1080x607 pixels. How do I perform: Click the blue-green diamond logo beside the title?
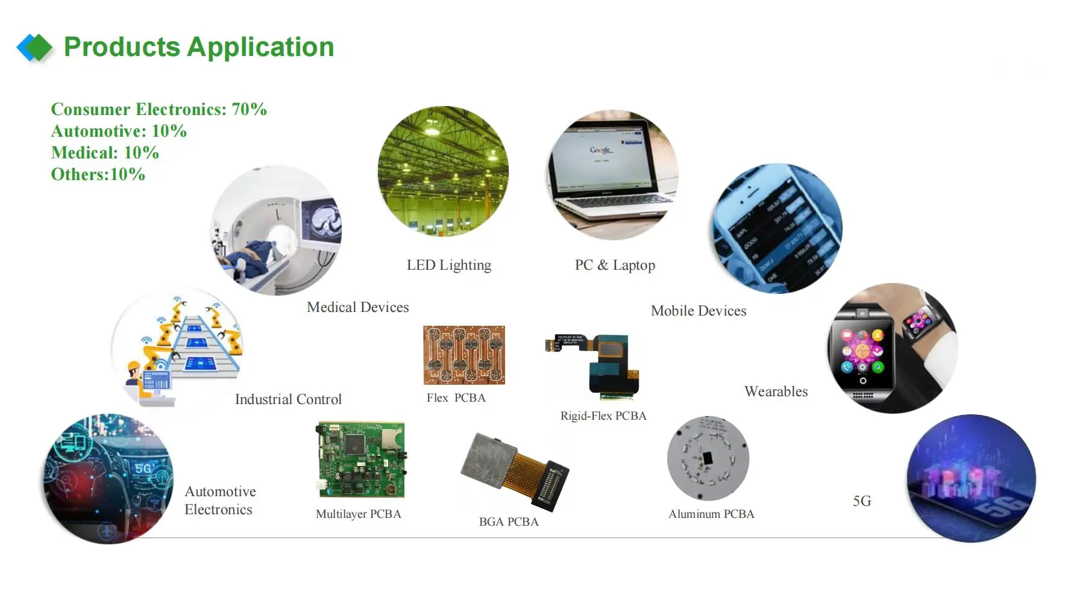pyautogui.click(x=35, y=48)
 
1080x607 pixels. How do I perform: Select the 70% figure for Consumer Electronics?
pyautogui.click(x=249, y=109)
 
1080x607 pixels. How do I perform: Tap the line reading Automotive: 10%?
pyautogui.click(x=119, y=131)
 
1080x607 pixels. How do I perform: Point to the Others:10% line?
pyautogui.click(x=98, y=174)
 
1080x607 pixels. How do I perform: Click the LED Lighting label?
pyautogui.click(x=449, y=265)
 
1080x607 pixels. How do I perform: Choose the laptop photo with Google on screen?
pyautogui.click(x=613, y=175)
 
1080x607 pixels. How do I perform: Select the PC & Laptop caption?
pyautogui.click(x=615, y=265)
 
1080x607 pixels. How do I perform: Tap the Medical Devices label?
pyautogui.click(x=357, y=307)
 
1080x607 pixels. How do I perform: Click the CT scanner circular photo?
pyautogui.click(x=276, y=230)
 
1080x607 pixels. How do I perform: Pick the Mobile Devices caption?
pyautogui.click(x=699, y=311)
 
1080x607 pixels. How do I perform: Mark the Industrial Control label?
pyautogui.click(x=288, y=399)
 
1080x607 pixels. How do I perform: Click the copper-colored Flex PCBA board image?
pyautogui.click(x=464, y=355)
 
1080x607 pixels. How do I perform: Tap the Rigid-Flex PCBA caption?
pyautogui.click(x=603, y=416)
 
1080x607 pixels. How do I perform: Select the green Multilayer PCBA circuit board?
pyautogui.click(x=360, y=459)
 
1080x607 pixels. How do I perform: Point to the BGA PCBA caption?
pyautogui.click(x=509, y=521)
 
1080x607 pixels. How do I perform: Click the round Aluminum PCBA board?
pyautogui.click(x=708, y=458)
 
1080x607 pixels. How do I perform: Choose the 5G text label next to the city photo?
pyautogui.click(x=862, y=501)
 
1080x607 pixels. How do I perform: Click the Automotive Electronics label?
pyautogui.click(x=220, y=500)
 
